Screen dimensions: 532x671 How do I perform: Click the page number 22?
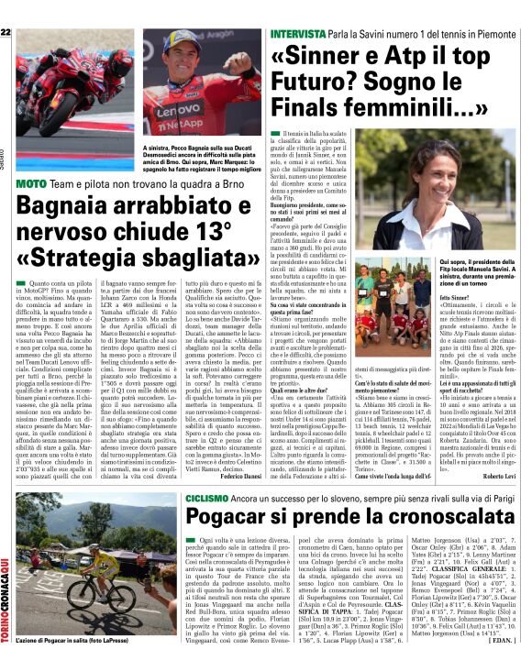(6, 33)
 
